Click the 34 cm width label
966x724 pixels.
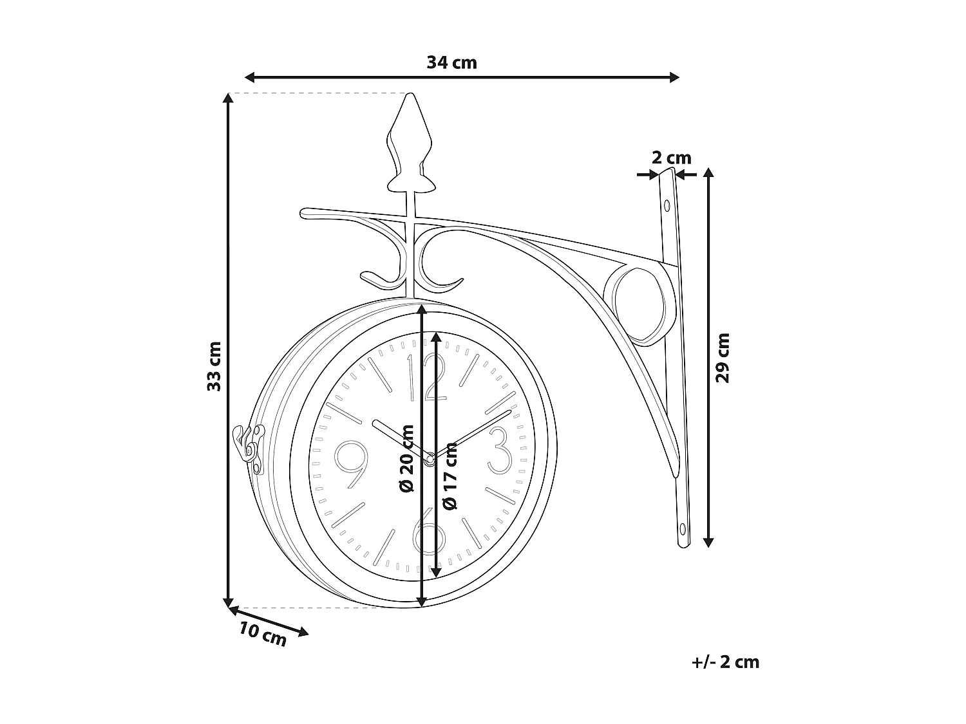[451, 62]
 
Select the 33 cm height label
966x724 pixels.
[214, 366]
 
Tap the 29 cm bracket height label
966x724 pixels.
[723, 358]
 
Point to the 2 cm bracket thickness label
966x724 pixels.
[671, 158]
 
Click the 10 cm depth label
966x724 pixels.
[263, 635]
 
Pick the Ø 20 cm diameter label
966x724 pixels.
[406, 458]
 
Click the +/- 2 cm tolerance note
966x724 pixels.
[725, 662]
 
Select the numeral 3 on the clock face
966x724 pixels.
[500, 449]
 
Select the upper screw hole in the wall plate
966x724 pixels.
[667, 206]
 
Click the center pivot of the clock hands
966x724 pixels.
[429, 458]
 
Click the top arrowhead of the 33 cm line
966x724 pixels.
[227, 98]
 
